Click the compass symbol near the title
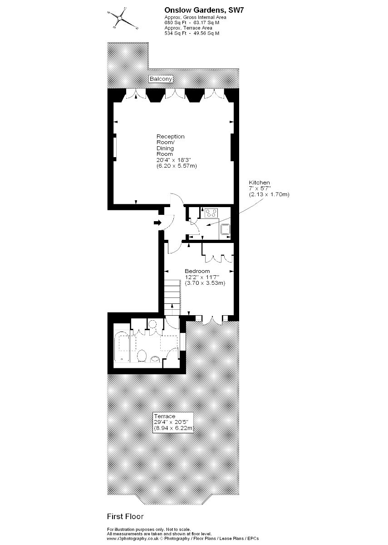pos(120,18)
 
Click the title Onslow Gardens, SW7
pos(204,10)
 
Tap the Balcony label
pos(161,79)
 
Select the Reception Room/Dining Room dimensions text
pos(177,163)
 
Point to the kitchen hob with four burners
pos(211,213)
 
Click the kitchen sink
pos(226,229)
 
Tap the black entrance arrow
pos(158,222)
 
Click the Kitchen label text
pos(259,183)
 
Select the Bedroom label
pos(197,271)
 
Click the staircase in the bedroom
pos(172,297)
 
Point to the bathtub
pos(122,347)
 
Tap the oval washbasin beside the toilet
pos(155,358)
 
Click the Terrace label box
pos(173,422)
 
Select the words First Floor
pos(125,516)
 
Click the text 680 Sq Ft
pos(175,23)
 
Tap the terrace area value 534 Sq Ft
pos(175,33)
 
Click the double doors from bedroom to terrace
pos(212,320)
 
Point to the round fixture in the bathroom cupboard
pos(152,324)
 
